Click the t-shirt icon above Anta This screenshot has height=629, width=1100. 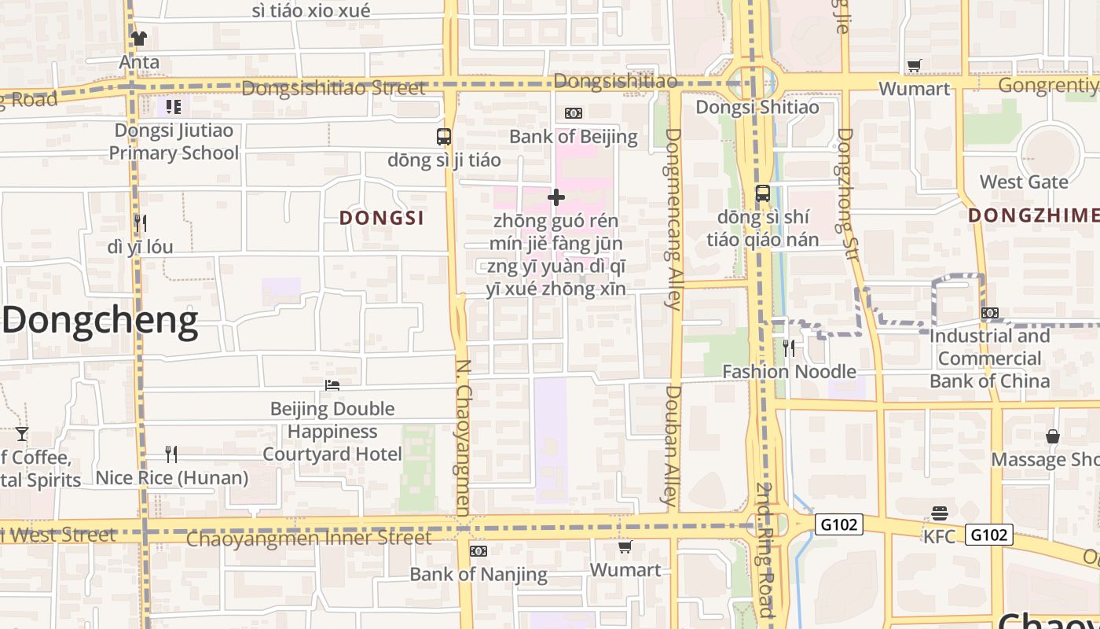(139, 38)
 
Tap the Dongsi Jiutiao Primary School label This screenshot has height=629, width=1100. (174, 142)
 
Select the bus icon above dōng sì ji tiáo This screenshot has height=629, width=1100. (444, 136)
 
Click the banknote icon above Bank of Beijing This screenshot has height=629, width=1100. (574, 113)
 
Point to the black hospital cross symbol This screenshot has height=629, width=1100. (556, 197)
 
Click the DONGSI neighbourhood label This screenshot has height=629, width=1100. (382, 218)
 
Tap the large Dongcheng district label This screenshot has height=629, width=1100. (101, 322)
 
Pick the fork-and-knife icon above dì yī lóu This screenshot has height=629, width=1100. (140, 223)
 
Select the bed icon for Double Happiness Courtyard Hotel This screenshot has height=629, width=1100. (332, 385)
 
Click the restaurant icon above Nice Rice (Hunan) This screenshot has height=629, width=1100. (171, 454)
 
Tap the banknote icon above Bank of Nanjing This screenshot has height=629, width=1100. (478, 551)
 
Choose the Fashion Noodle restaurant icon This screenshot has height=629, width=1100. (789, 348)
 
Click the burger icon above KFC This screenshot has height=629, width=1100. (940, 513)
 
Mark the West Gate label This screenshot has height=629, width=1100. (1024, 182)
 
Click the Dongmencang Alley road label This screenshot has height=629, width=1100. (673, 219)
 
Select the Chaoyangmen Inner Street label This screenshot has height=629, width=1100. (309, 539)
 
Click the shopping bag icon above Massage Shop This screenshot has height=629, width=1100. (1053, 436)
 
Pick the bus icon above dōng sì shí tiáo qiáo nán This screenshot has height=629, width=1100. (762, 193)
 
